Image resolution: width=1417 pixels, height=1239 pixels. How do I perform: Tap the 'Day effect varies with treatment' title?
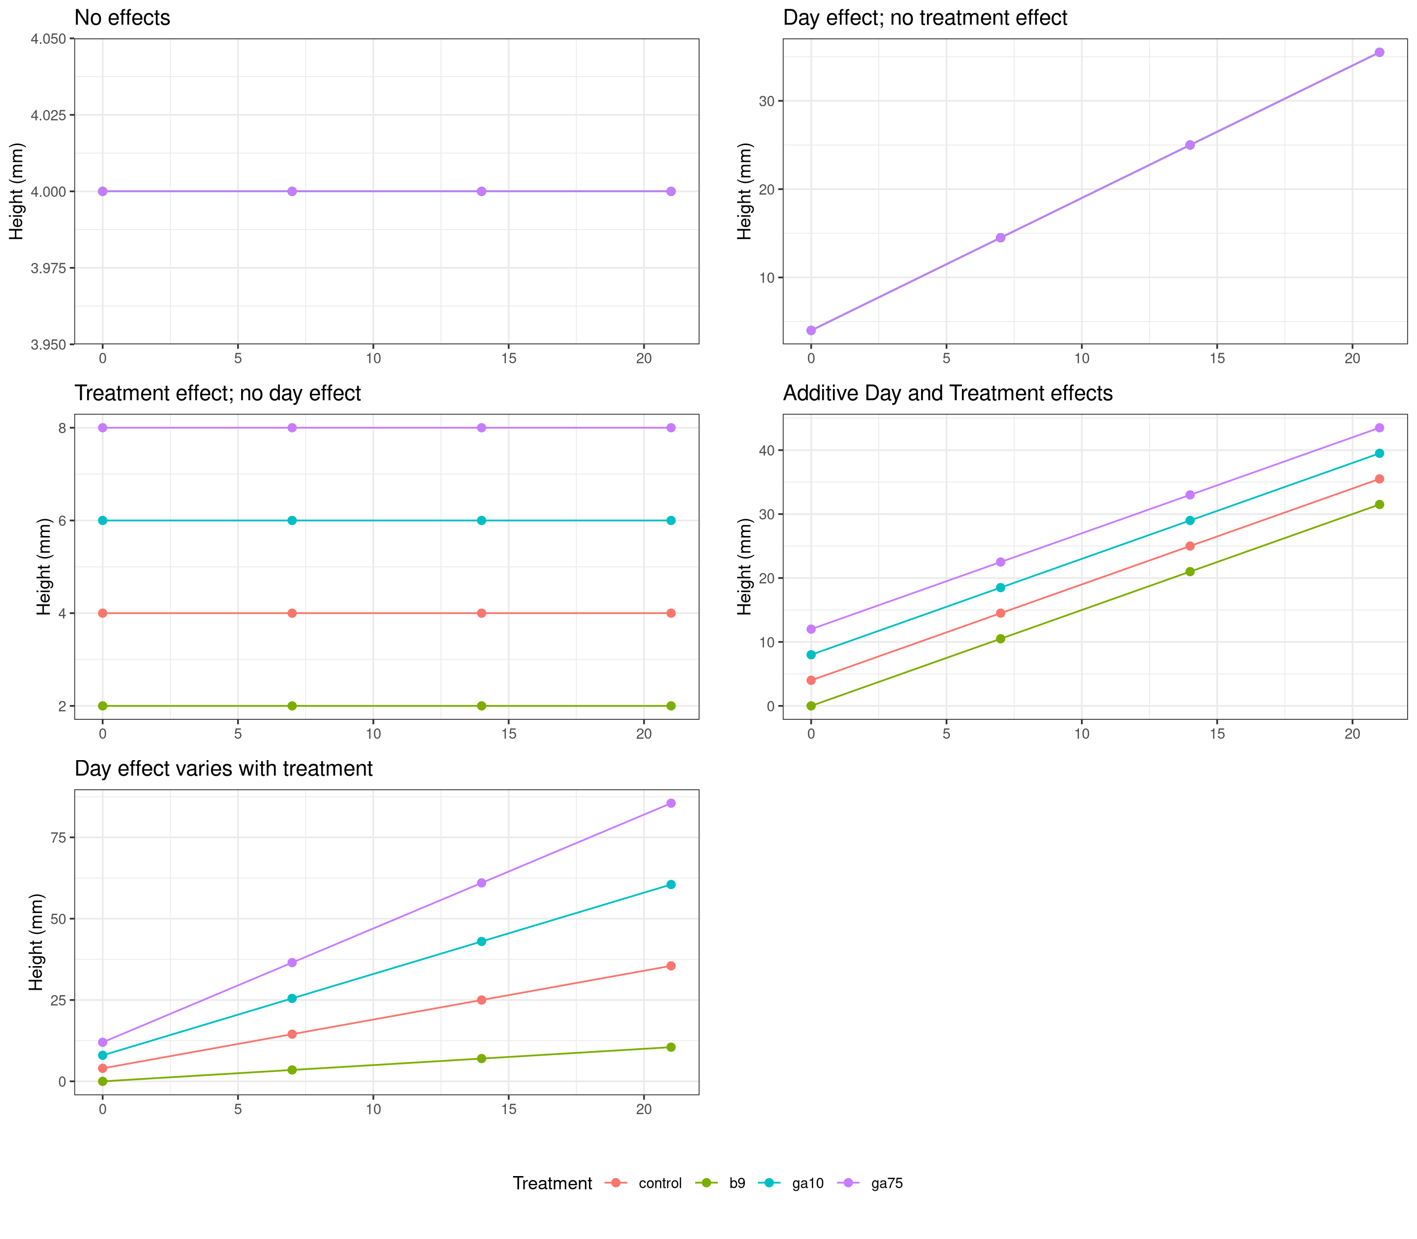(223, 769)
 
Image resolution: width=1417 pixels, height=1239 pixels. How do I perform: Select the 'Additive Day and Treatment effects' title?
(947, 393)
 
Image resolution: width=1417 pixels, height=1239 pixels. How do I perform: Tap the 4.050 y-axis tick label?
(48, 39)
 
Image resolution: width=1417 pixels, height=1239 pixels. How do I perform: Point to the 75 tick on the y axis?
(58, 837)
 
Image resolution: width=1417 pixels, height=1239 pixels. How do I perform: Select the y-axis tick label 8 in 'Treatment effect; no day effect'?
(62, 428)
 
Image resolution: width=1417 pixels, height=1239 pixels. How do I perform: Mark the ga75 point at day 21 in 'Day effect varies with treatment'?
(671, 803)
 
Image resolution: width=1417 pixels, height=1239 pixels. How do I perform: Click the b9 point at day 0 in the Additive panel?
(811, 706)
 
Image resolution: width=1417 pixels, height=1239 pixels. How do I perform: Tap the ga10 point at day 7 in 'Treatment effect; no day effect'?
(292, 521)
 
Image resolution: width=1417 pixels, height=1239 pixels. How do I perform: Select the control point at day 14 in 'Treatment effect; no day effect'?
(482, 613)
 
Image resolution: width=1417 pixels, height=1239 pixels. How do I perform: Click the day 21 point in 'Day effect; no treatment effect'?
(1379, 53)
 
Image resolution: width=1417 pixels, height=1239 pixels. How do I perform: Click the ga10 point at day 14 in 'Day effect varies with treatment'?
(482, 942)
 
